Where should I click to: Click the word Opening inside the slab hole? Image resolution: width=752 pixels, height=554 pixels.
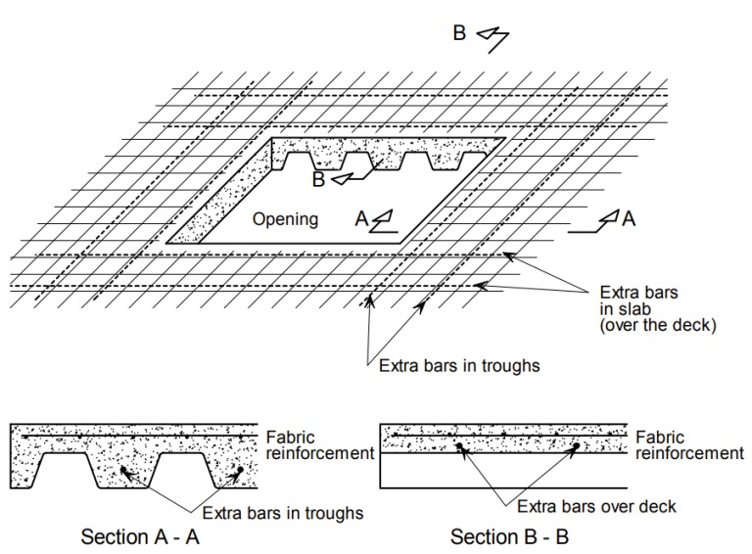coord(285,218)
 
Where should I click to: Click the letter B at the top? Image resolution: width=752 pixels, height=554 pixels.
coord(460,32)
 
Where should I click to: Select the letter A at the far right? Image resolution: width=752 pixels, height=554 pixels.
coord(629,218)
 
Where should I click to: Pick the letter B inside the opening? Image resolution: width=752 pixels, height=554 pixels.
coord(318,179)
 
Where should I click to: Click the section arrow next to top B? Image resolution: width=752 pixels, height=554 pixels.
coord(493,36)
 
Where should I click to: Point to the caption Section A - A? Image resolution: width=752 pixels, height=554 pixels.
coord(139,536)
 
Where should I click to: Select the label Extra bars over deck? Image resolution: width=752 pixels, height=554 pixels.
coord(596,506)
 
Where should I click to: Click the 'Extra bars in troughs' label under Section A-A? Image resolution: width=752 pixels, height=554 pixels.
coord(283,513)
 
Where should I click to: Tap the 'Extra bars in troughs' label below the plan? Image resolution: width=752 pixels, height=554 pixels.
coord(460,366)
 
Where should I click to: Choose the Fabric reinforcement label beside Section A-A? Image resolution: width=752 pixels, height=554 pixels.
coord(319,445)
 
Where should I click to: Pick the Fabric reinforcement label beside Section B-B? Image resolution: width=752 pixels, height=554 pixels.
coord(689,445)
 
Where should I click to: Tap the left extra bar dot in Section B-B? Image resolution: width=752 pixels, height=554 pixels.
coord(458,447)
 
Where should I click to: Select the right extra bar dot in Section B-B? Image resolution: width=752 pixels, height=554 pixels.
coord(576,447)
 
